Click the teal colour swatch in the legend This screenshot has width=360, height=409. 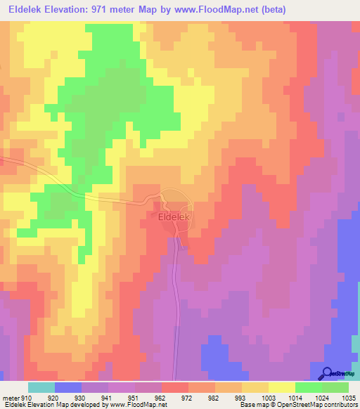pos(41,387)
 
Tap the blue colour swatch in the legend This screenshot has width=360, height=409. pos(68,387)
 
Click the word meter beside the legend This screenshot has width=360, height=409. pos(11,398)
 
